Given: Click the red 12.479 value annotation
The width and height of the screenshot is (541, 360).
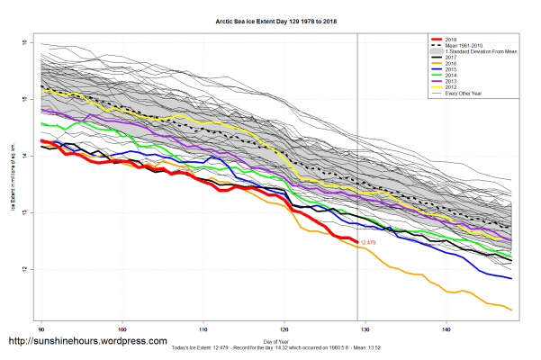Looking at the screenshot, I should [x=369, y=242].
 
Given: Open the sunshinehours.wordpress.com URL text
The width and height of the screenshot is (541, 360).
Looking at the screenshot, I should [x=87, y=342].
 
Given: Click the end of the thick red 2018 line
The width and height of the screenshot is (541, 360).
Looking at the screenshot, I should [x=356, y=240].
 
